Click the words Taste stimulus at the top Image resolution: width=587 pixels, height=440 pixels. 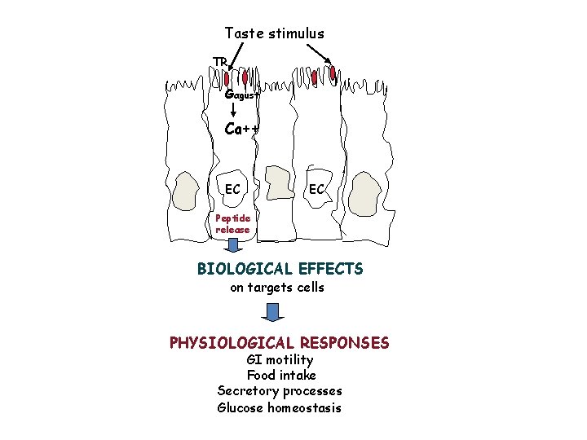click(x=274, y=33)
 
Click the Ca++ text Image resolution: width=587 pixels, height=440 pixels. click(x=241, y=129)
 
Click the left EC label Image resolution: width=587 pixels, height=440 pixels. click(x=233, y=189)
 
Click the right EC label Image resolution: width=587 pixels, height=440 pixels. click(x=316, y=189)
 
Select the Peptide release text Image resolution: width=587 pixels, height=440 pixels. click(x=233, y=224)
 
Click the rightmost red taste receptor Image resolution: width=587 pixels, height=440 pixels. click(x=333, y=73)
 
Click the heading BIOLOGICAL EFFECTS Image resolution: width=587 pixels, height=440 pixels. click(x=280, y=269)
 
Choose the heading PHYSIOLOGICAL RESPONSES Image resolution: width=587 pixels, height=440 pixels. click(x=279, y=343)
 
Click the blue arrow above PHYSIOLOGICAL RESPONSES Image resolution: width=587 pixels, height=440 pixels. click(x=274, y=313)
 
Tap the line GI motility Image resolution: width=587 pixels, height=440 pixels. click(x=280, y=360)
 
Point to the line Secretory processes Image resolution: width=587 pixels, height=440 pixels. click(x=280, y=392)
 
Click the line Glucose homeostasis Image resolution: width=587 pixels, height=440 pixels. click(x=280, y=408)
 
